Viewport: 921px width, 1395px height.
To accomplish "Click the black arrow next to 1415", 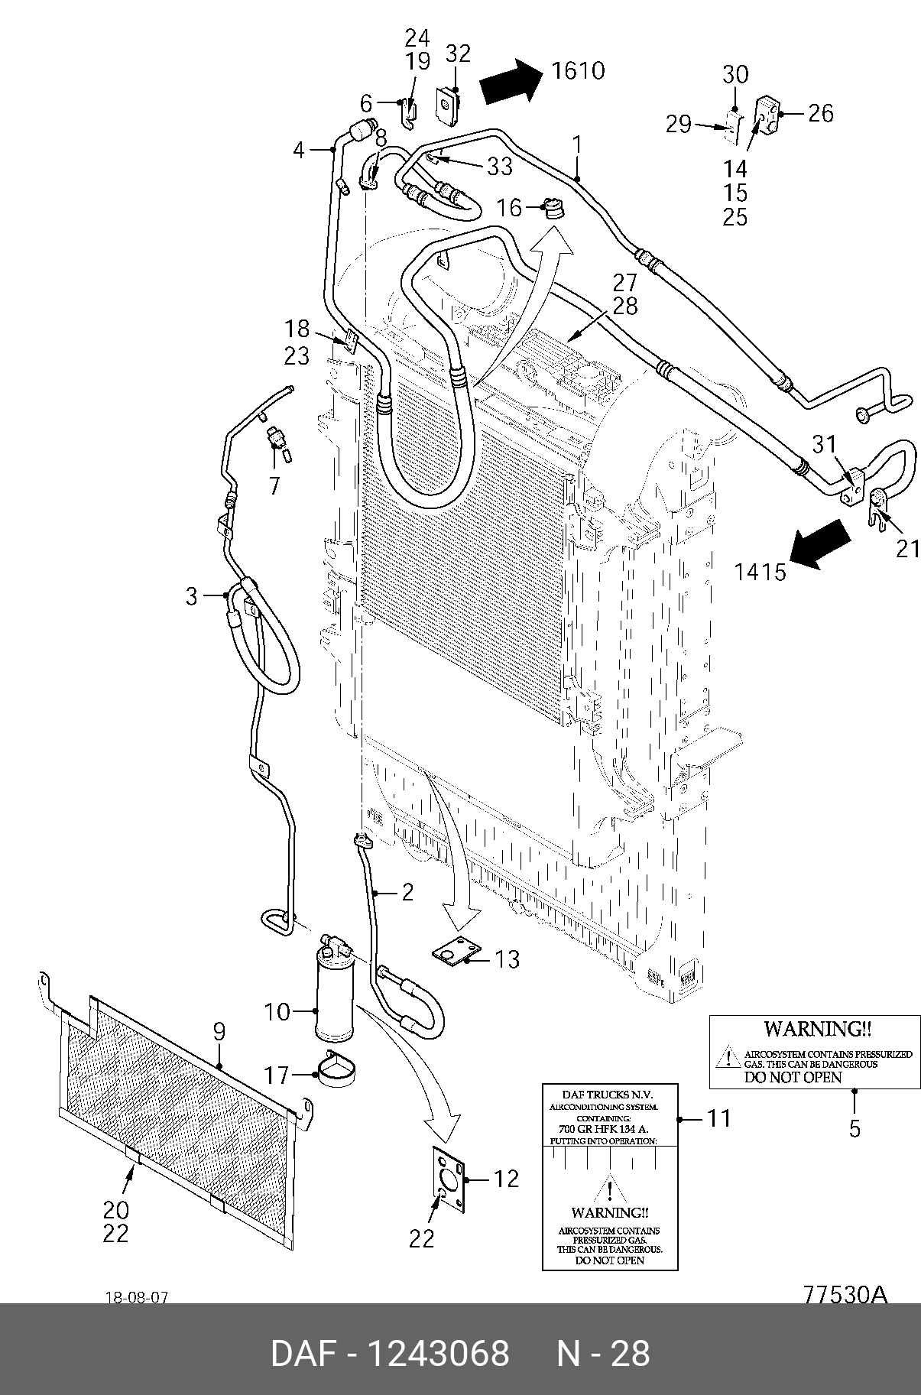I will coord(821,544).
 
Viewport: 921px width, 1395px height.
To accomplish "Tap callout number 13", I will coord(508,959).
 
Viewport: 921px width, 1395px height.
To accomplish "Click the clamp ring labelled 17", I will coord(337,1069).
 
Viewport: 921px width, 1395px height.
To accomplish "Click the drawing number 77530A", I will coord(845,1295).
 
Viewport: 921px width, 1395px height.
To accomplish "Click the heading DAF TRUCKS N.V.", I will coord(610,1094).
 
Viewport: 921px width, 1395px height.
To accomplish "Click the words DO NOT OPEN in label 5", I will coord(793,1077).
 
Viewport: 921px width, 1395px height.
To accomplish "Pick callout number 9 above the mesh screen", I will coord(219,1031).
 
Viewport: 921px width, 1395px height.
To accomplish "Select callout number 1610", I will coord(578,70).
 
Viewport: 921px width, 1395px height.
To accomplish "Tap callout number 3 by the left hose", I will coord(192,596).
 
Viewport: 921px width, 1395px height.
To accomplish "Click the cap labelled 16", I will coord(550,208).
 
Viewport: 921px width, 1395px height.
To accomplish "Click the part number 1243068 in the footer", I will coord(439,1353).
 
